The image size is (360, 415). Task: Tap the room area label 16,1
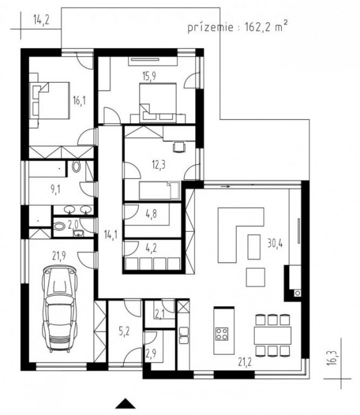click(79, 101)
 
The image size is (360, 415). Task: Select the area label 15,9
click(149, 76)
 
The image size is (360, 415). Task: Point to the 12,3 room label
click(159, 165)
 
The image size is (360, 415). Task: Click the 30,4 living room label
click(275, 243)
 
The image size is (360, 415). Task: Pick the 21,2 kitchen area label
click(245, 362)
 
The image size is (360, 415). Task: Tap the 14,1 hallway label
click(111, 234)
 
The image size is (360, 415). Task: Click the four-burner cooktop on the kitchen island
click(222, 334)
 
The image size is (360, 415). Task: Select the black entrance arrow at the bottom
click(125, 404)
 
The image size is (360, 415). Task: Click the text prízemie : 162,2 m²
click(237, 27)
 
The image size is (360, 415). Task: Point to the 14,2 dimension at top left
click(41, 20)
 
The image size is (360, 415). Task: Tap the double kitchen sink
click(184, 335)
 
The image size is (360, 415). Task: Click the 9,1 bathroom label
click(55, 189)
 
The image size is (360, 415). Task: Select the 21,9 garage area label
click(59, 256)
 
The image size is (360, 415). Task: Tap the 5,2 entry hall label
click(124, 331)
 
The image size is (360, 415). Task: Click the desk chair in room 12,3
click(179, 147)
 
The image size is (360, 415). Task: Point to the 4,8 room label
click(151, 214)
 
